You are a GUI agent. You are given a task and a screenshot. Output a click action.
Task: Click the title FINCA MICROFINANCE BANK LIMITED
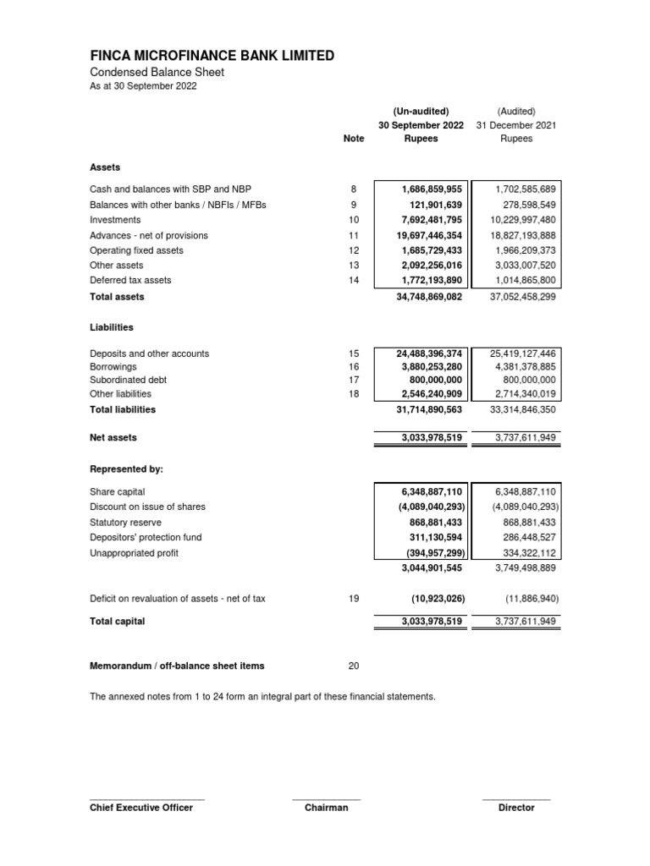[212, 56]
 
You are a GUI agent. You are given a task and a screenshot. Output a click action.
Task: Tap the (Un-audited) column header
[421, 111]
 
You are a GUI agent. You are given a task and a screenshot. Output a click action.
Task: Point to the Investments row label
[117, 219]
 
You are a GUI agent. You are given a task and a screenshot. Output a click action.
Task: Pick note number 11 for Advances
[354, 235]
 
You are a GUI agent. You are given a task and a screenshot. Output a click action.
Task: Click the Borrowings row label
[113, 367]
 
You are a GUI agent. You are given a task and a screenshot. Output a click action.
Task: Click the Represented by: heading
[126, 468]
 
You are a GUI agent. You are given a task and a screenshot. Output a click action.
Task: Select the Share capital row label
[117, 491]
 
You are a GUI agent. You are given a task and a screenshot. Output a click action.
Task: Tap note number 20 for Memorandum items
[354, 666]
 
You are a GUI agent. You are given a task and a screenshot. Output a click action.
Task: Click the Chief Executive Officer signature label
[141, 808]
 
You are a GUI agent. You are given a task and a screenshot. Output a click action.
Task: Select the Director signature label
[516, 808]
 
